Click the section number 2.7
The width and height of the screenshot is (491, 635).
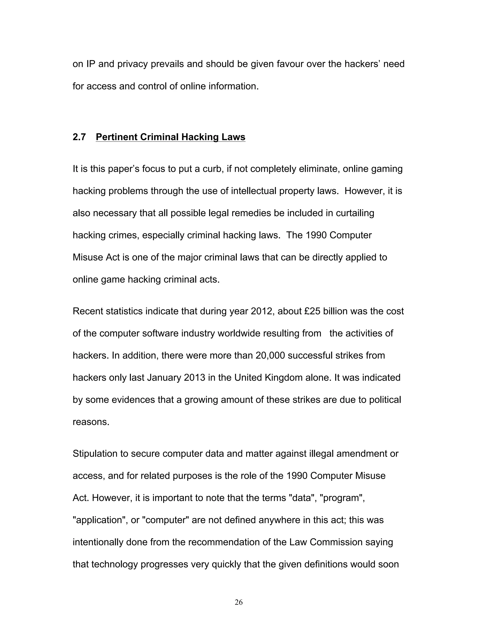pos(79,137)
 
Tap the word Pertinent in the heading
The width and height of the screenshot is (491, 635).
pos(117,137)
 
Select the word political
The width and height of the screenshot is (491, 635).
pos(385,399)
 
